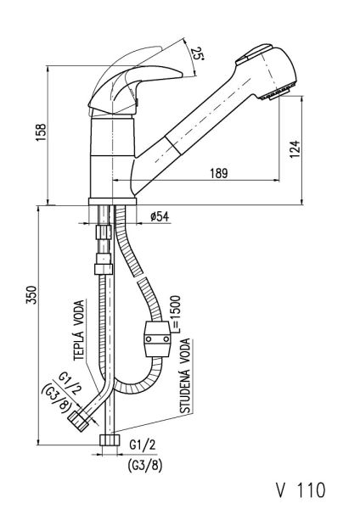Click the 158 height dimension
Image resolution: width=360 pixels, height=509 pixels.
click(x=42, y=132)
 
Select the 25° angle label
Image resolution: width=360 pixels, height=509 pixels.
click(x=198, y=53)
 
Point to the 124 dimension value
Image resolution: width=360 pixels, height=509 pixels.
click(x=295, y=149)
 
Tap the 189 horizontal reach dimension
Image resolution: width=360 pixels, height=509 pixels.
click(x=219, y=173)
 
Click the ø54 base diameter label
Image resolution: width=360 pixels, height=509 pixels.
click(x=160, y=216)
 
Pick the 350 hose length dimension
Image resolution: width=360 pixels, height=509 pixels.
click(x=31, y=294)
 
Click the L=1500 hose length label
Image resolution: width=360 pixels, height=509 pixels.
click(x=175, y=314)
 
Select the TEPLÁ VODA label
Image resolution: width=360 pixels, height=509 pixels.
click(x=79, y=331)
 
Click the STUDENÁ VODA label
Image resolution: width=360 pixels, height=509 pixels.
click(x=186, y=376)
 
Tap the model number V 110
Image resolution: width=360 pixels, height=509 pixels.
click(x=301, y=489)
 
